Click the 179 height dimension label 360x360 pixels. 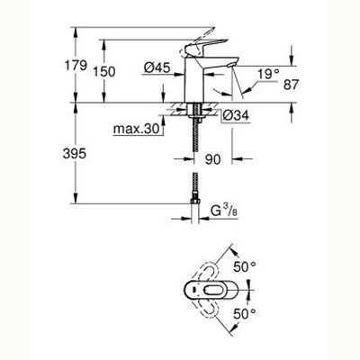76,66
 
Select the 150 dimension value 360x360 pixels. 103,72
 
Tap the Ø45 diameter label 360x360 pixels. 157,67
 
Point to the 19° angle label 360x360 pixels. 269,74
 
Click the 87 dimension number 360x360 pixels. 292,85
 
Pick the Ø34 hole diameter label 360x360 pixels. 237,115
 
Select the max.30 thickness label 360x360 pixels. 136,130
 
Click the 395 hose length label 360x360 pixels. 75,154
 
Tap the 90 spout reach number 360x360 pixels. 212,159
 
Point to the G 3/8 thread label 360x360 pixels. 224,211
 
